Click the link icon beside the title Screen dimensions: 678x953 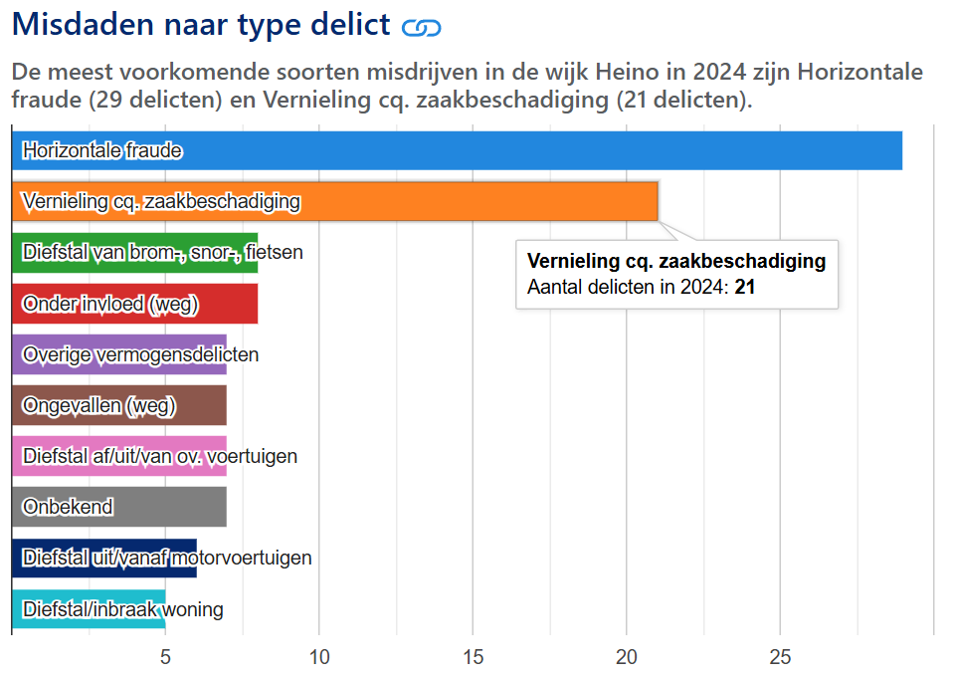[421, 28]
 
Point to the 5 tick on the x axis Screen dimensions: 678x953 [165, 657]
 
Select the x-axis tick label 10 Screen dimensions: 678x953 [318, 657]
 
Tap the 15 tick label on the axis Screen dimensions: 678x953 [473, 657]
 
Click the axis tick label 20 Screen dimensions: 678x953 [626, 657]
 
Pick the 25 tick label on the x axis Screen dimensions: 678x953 [780, 657]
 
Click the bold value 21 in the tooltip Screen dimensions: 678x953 [745, 288]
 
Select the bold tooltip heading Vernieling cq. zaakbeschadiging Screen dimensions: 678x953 [676, 262]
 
